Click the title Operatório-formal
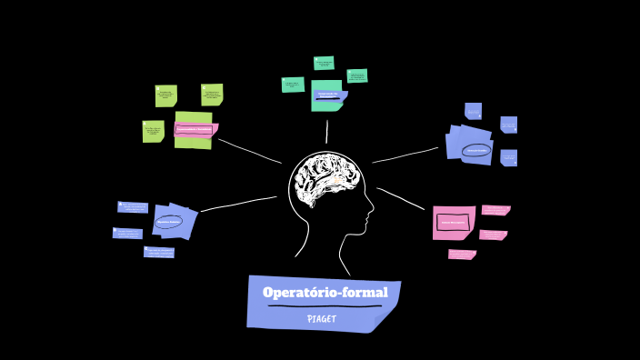coord(325,292)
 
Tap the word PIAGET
coord(322,319)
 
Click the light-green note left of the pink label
coord(153,131)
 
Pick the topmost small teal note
coord(324,63)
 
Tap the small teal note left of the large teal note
coord(293,85)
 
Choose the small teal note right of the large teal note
coord(357,76)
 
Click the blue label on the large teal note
coord(329,95)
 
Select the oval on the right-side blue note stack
coord(476,150)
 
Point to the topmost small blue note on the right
coord(473,111)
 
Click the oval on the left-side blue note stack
coord(169,221)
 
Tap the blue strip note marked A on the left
coord(133,207)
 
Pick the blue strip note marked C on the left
coord(158,252)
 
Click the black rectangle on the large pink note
coord(453,222)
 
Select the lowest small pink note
coord(462,255)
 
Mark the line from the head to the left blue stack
coord(238,204)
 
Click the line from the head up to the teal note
coord(327,132)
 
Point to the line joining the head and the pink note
coord(401,198)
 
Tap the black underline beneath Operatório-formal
coord(324,306)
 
